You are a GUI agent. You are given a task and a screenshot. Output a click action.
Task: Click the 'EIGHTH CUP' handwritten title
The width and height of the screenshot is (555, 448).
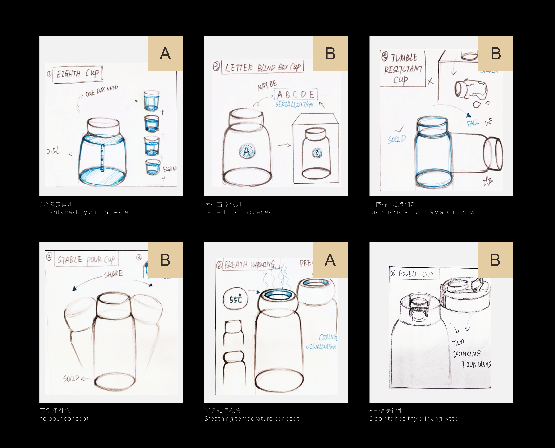pos(77,74)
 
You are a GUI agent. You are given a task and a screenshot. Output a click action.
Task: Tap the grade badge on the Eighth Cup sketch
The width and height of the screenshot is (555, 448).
pos(165,53)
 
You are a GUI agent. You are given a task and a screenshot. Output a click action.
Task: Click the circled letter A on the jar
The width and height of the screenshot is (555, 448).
pos(247,151)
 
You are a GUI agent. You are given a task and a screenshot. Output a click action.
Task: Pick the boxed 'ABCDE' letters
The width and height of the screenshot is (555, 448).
pos(296,95)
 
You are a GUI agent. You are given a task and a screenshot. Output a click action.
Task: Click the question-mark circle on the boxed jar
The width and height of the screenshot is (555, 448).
pos(317,153)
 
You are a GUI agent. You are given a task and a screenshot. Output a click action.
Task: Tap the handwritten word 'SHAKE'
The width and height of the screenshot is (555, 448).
pos(114,274)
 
